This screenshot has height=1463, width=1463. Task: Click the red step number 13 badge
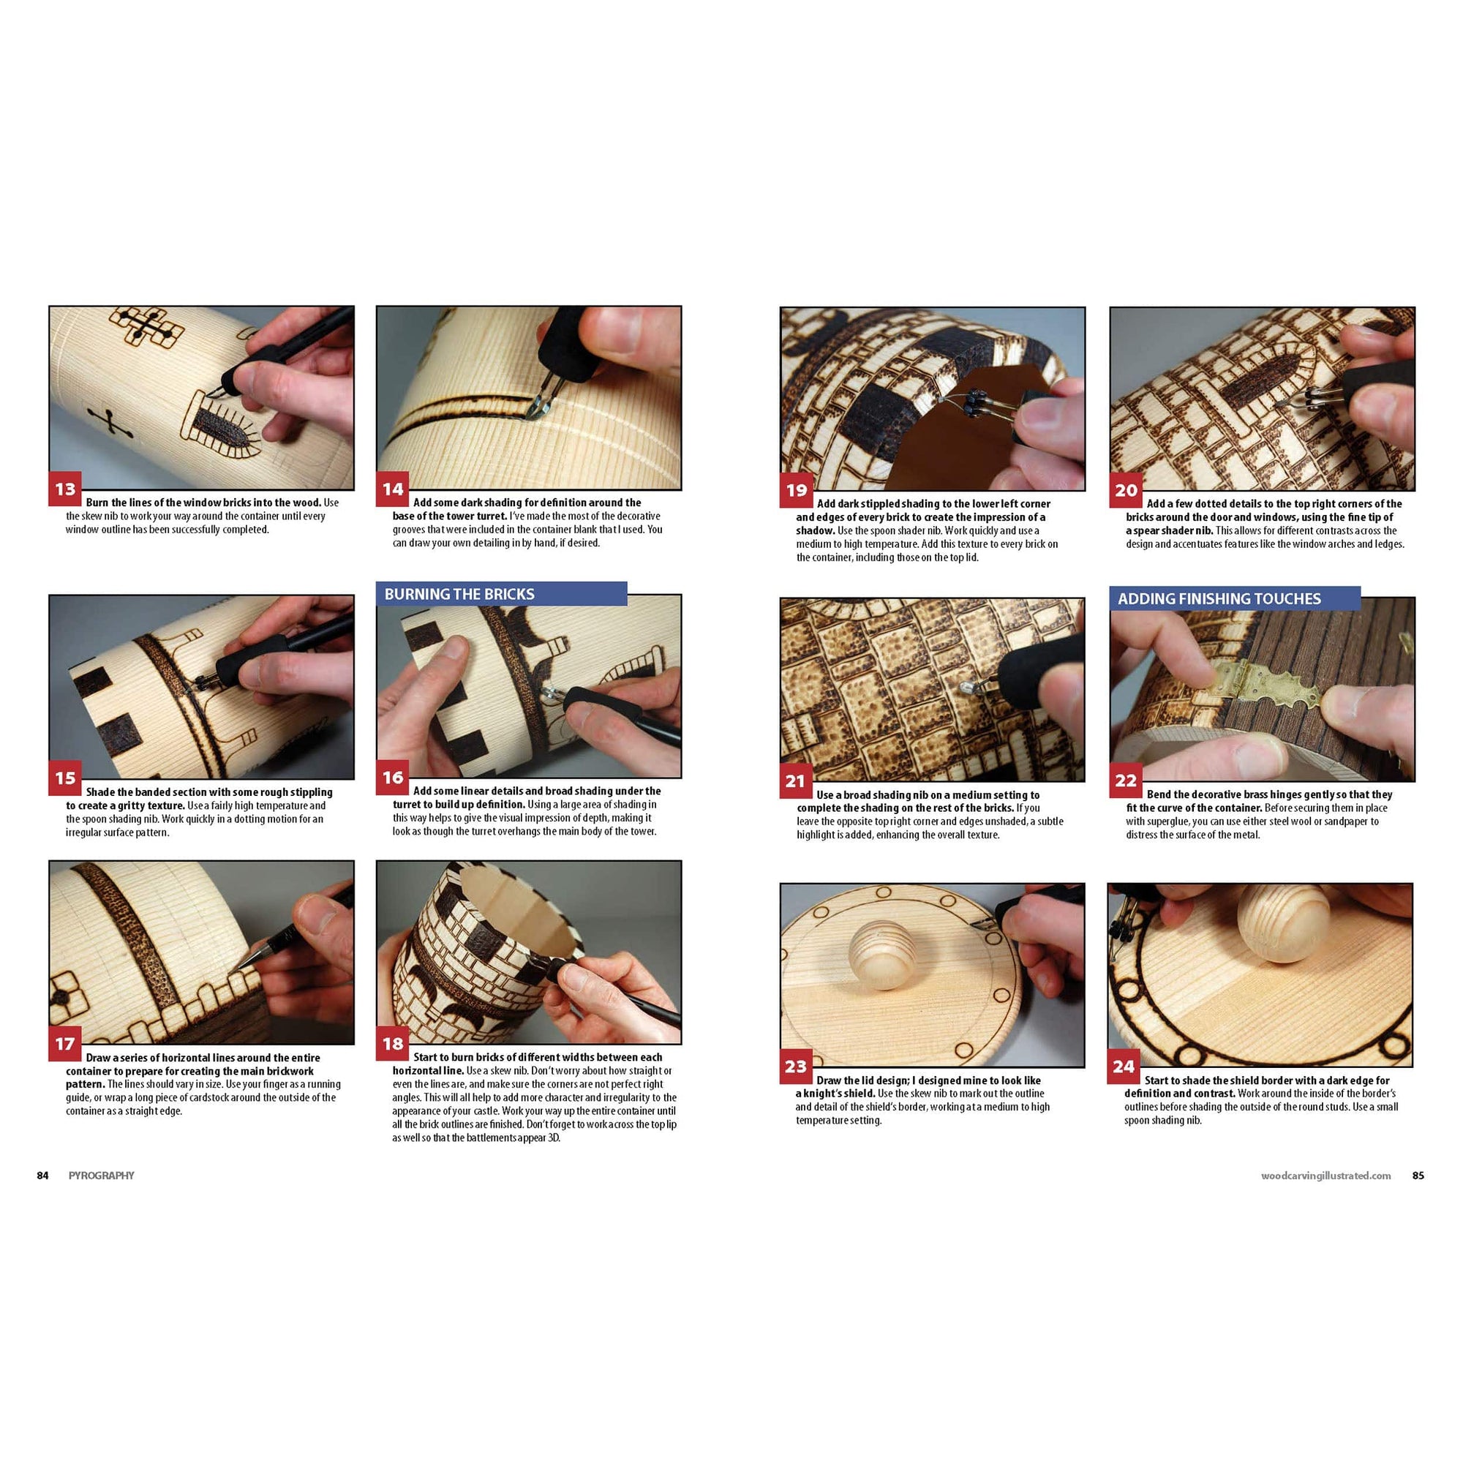click(65, 489)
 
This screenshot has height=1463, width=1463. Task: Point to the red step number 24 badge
click(1124, 1067)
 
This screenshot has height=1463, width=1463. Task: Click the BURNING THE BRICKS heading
click(459, 595)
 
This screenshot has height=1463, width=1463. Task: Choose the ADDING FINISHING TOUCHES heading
click(1219, 599)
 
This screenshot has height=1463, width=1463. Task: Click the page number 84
click(43, 1176)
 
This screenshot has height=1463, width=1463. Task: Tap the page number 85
click(1418, 1176)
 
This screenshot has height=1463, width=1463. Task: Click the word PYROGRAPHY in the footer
click(102, 1176)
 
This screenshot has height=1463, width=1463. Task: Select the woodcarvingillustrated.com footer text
click(1326, 1176)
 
